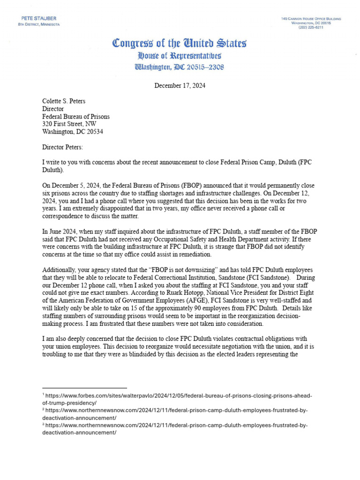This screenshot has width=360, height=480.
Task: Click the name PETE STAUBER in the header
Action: click(x=37, y=18)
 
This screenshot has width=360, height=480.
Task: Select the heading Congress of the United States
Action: click(x=180, y=44)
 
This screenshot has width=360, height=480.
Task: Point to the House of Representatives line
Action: click(x=180, y=56)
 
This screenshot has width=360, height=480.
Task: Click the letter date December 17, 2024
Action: click(x=180, y=86)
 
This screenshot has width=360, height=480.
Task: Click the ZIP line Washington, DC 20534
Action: click(x=73, y=132)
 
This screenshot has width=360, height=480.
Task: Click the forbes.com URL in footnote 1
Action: click(x=178, y=396)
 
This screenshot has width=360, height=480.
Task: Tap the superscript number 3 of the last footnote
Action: click(x=43, y=425)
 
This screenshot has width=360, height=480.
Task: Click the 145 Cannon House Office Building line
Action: click(x=311, y=18)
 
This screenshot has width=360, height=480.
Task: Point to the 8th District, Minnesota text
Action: click(x=39, y=24)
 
